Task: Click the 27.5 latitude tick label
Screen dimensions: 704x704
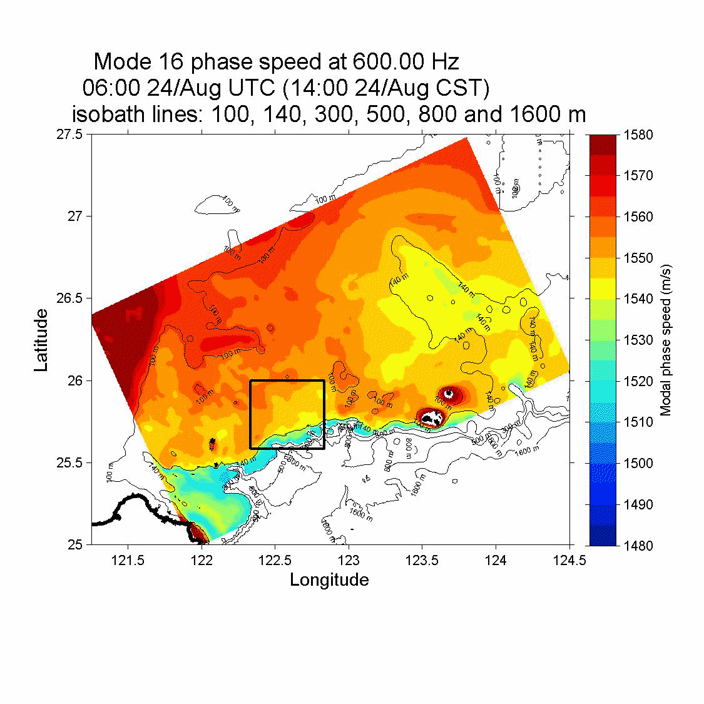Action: click(x=69, y=135)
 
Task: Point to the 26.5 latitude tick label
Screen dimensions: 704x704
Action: click(x=69, y=298)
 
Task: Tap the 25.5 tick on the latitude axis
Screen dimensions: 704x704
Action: click(x=69, y=463)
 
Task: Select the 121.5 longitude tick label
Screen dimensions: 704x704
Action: click(x=128, y=560)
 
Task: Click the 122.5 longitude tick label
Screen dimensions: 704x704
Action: click(x=275, y=560)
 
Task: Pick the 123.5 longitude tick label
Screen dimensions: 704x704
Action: click(x=422, y=560)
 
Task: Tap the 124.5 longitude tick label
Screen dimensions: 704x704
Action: click(x=569, y=560)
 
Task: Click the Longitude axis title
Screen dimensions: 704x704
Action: click(x=329, y=580)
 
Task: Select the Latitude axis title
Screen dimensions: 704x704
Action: click(x=41, y=340)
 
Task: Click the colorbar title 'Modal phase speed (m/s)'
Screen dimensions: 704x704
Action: click(x=666, y=340)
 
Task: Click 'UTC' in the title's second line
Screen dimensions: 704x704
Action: click(x=248, y=88)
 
